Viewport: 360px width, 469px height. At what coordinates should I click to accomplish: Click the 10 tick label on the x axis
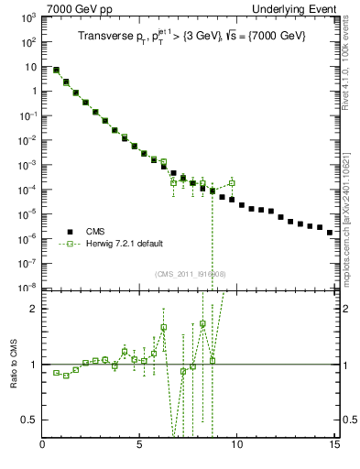click(x=237, y=449)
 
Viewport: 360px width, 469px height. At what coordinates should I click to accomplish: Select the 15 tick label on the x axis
click(x=334, y=449)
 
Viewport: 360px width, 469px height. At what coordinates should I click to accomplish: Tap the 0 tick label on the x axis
click(x=43, y=449)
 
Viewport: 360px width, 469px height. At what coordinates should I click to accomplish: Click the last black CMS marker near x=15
click(x=330, y=233)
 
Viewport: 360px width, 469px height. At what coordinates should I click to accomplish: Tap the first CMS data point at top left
click(x=57, y=70)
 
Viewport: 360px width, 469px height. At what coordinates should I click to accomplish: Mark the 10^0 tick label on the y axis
click(x=29, y=91)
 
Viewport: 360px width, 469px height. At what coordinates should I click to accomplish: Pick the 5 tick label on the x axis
click(x=140, y=449)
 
